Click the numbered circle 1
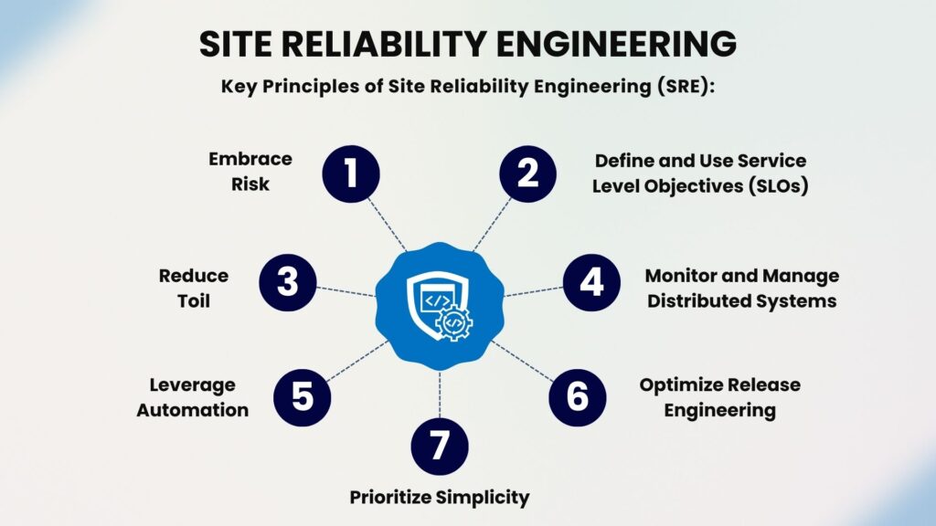pyautogui.click(x=351, y=174)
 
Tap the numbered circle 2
pyautogui.click(x=527, y=174)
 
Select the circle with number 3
pyautogui.click(x=288, y=282)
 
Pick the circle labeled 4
pyautogui.click(x=591, y=282)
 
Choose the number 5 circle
pyautogui.click(x=302, y=397)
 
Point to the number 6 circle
pyautogui.click(x=578, y=397)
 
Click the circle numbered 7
pyautogui.click(x=440, y=446)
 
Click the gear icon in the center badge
pyautogui.click(x=454, y=322)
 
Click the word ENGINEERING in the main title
pyautogui.click(x=617, y=44)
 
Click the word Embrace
pyautogui.click(x=250, y=159)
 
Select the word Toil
pyautogui.click(x=194, y=300)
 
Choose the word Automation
pyautogui.click(x=192, y=410)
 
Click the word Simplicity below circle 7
pyautogui.click(x=483, y=498)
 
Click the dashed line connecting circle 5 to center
pyautogui.click(x=358, y=361)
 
